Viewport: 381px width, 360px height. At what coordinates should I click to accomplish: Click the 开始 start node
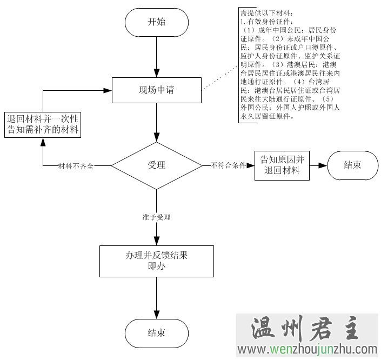(x=156, y=23)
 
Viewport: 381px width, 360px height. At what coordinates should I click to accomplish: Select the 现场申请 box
(x=156, y=90)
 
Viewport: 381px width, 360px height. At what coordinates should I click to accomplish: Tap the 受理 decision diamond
(x=156, y=165)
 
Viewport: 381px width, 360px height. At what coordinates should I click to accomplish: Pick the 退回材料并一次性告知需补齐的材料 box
(x=43, y=124)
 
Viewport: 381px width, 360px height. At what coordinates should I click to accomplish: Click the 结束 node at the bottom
(x=156, y=331)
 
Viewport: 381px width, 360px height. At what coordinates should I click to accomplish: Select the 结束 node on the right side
(x=352, y=165)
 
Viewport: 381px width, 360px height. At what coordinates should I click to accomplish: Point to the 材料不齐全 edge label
(x=76, y=166)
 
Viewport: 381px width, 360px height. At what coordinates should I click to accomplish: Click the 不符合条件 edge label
(x=228, y=165)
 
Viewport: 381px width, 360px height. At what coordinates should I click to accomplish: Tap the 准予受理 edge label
(x=156, y=217)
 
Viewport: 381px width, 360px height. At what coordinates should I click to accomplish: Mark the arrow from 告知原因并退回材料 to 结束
(x=318, y=165)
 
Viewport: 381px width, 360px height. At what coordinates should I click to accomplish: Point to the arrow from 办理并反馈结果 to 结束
(x=156, y=297)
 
